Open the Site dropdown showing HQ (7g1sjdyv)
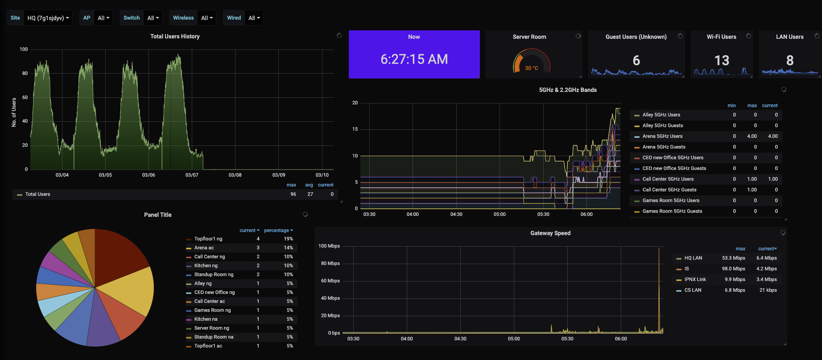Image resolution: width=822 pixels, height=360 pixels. pyautogui.click(x=48, y=18)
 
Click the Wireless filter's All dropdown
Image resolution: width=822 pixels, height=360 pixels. pyautogui.click(x=207, y=18)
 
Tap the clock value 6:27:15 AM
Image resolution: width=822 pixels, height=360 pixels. pyautogui.click(x=414, y=59)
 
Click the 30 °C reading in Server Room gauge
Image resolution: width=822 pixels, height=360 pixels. pyautogui.click(x=531, y=68)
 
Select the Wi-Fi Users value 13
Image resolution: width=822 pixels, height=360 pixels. pyautogui.click(x=722, y=60)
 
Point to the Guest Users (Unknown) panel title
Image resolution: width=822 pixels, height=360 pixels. pyautogui.click(x=636, y=37)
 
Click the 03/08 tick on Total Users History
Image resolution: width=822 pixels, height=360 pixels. pyautogui.click(x=235, y=175)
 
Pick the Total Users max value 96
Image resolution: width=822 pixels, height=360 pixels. pyautogui.click(x=293, y=194)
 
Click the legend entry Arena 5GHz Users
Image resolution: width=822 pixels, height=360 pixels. pyautogui.click(x=662, y=136)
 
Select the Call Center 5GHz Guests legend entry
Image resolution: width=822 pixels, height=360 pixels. pyautogui.click(x=669, y=190)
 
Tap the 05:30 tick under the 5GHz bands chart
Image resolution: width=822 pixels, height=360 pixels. pyautogui.click(x=543, y=214)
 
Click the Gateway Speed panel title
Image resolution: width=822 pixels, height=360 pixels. pyautogui.click(x=550, y=233)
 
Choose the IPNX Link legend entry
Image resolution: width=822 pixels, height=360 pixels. pyautogui.click(x=695, y=279)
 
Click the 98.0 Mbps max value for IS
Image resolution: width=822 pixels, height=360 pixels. pyautogui.click(x=733, y=269)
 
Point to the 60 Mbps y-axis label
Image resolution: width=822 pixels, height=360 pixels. pyautogui.click(x=330, y=281)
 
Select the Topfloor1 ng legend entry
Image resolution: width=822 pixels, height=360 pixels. pyautogui.click(x=208, y=239)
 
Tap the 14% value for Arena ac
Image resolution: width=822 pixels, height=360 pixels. pyautogui.click(x=288, y=248)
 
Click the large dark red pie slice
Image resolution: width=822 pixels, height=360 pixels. pyautogui.click(x=118, y=254)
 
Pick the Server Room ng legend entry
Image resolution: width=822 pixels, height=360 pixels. pyautogui.click(x=211, y=328)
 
